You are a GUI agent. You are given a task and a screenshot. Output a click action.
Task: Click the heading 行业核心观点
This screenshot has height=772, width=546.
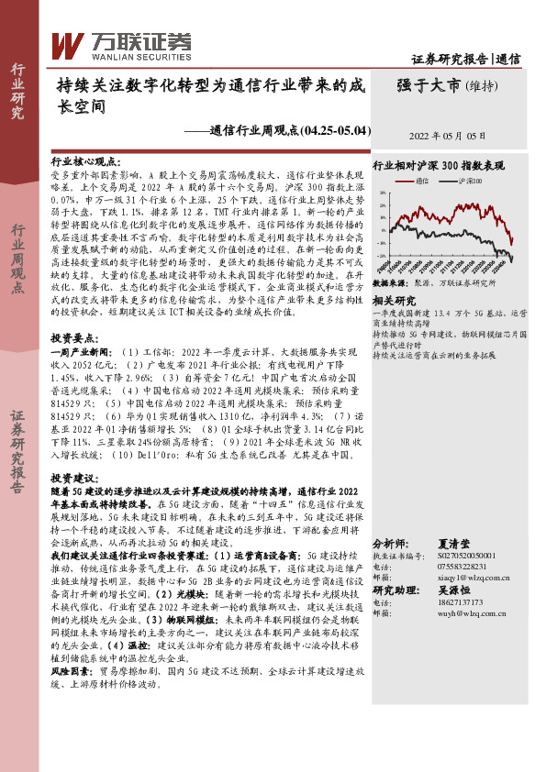click(x=82, y=160)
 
